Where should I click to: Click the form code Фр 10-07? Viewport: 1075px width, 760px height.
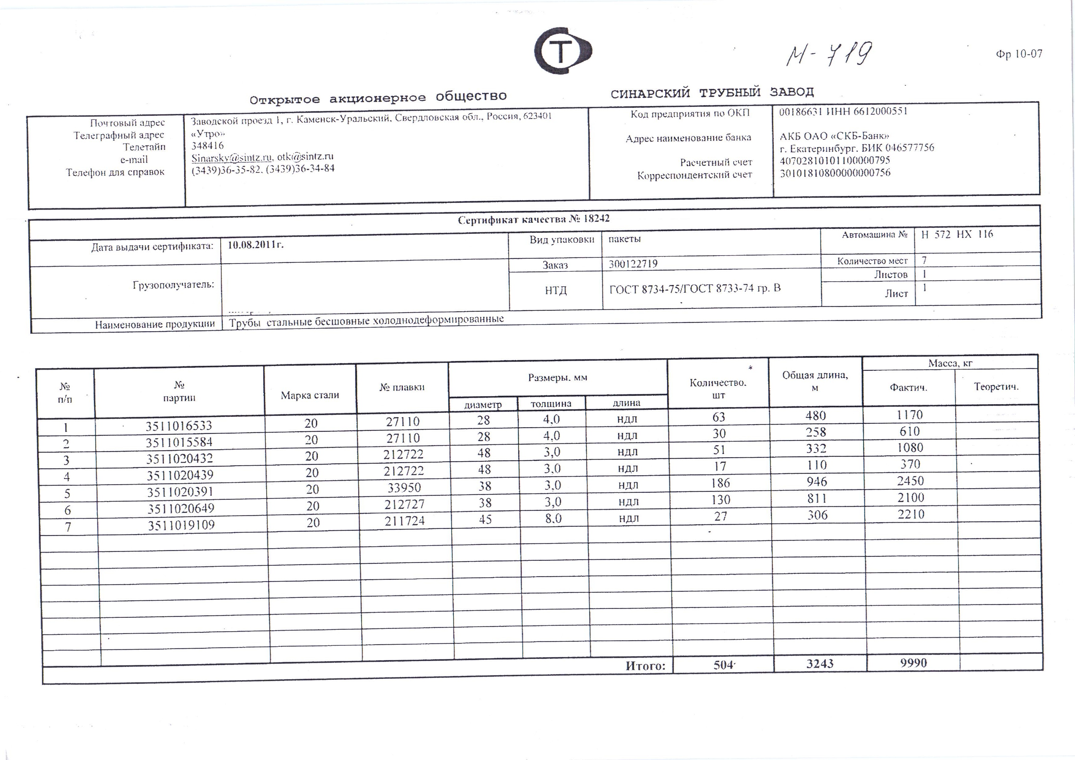[1019, 54]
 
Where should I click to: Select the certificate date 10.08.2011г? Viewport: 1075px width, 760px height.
[256, 245]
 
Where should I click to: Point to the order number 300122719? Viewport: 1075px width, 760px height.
[633, 264]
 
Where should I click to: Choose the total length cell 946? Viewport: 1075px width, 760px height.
[817, 481]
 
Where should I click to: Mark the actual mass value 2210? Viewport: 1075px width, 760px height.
[911, 514]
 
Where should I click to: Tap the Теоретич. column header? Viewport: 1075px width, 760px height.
[996, 387]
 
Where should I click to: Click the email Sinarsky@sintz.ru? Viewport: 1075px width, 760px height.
[231, 157]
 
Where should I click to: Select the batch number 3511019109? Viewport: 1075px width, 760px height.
[181, 525]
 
